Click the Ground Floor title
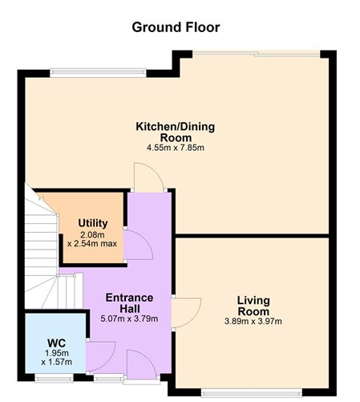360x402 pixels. (176, 27)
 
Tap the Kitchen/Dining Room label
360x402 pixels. (175, 132)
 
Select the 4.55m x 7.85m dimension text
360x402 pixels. (175, 148)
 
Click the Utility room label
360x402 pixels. (93, 222)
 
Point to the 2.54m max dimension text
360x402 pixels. (93, 242)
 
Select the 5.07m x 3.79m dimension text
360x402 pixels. (129, 318)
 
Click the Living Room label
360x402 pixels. (253, 305)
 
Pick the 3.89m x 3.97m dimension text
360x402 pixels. (253, 321)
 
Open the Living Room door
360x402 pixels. (185, 310)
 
